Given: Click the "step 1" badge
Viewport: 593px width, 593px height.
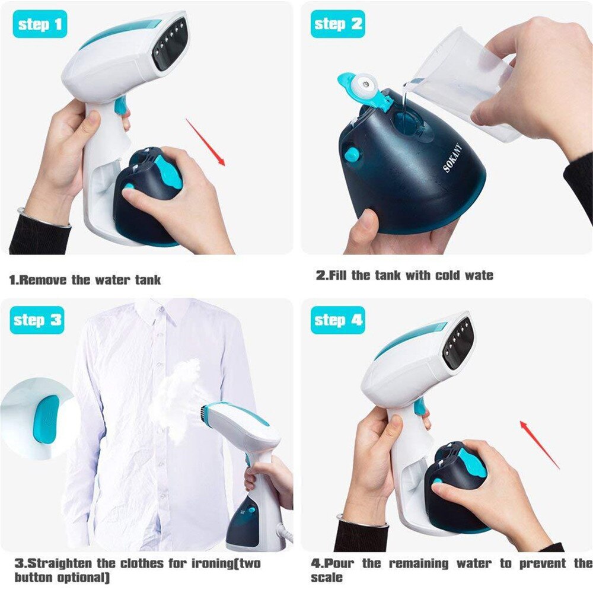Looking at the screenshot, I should (x=39, y=24).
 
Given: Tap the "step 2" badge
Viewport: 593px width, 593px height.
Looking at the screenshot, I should (x=338, y=24).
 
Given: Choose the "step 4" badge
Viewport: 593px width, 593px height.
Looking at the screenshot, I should (x=338, y=320).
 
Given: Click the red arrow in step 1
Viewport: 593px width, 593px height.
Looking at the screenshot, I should (x=205, y=142).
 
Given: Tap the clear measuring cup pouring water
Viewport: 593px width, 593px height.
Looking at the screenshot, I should (x=460, y=83).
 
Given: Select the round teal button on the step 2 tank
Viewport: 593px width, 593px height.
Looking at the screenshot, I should (x=352, y=155).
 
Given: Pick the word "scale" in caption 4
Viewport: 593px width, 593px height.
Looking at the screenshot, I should (x=327, y=577).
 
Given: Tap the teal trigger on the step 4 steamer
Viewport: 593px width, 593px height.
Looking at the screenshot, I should (x=419, y=407).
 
